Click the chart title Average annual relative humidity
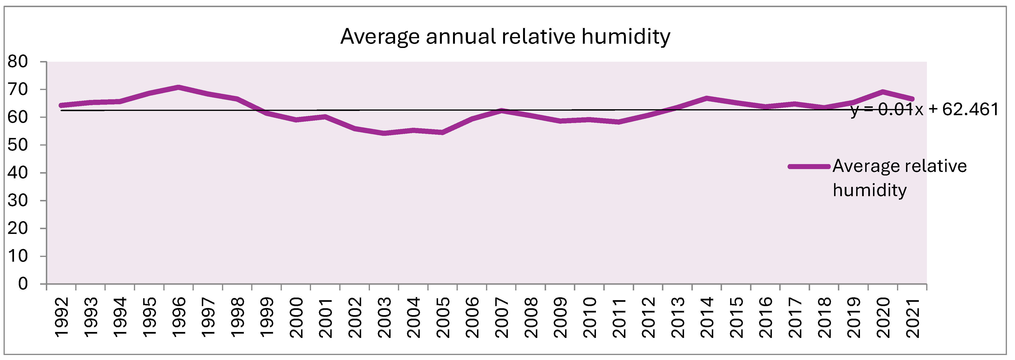505,37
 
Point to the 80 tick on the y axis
18,62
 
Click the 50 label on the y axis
18,145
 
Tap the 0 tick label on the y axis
23,284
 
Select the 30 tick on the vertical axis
18,200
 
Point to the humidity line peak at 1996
179,87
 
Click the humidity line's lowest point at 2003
384,133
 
